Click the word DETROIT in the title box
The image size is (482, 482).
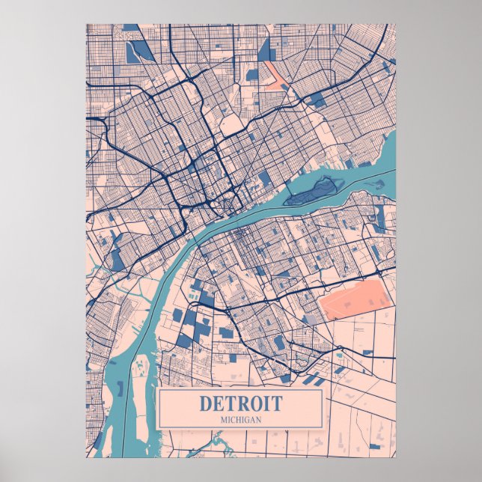[x=241, y=403]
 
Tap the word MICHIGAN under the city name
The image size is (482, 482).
[x=241, y=419]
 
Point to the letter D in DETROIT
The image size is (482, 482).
[x=205, y=403]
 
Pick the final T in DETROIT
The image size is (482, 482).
[x=278, y=403]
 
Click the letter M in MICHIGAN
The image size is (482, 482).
[x=223, y=419]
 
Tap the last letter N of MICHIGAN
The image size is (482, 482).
[x=258, y=419]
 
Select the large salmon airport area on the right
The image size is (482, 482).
[x=356, y=299]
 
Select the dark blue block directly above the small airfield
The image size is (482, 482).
[x=264, y=49]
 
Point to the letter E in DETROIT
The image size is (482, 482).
[x=218, y=403]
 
